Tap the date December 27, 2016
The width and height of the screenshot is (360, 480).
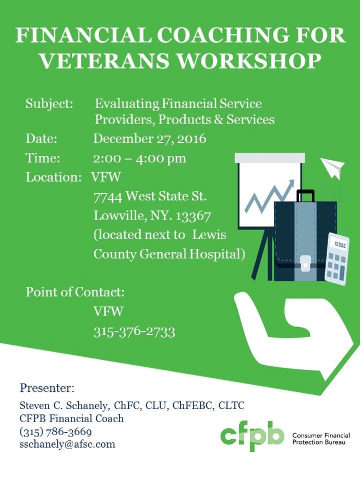150,139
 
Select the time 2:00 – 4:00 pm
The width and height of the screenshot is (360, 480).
140,158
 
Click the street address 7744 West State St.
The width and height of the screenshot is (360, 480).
150,196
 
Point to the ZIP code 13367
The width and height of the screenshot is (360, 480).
193,216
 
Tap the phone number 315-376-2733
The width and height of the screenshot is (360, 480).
135,331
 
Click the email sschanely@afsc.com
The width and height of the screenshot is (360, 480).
67,444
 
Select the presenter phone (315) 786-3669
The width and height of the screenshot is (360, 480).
56,431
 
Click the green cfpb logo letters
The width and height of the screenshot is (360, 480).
252,436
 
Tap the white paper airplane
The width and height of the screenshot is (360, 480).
332,167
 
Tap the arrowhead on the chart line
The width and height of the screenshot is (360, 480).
291,184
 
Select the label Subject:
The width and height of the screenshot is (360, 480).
49,104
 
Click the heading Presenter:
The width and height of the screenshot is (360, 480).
47,388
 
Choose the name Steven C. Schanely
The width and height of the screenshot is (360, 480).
63,405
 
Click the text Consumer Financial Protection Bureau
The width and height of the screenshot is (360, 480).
321,439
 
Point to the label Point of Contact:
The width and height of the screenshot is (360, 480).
75,292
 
